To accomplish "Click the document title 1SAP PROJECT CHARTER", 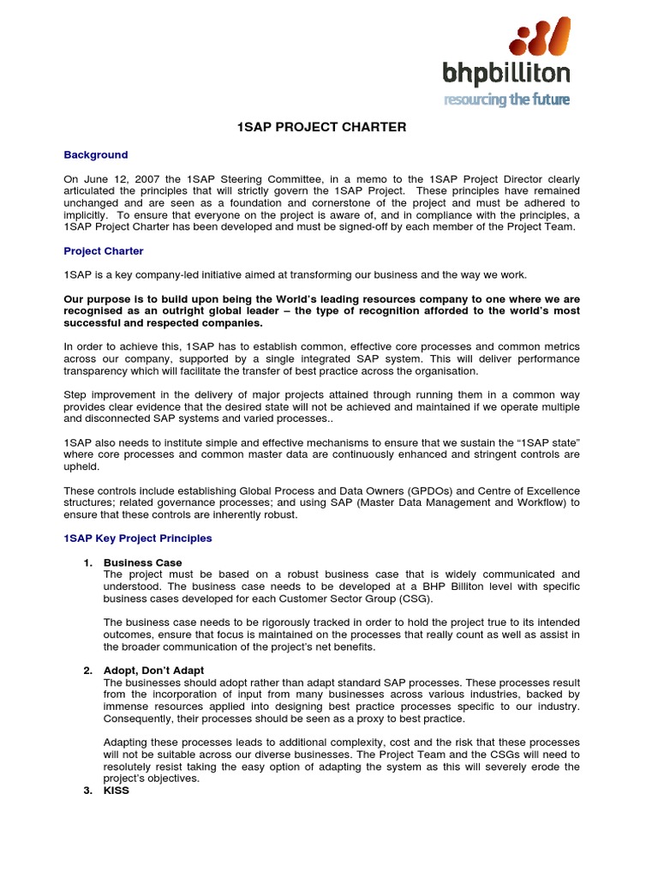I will [x=321, y=127].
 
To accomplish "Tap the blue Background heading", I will [x=96, y=155].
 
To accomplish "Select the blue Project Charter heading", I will [x=104, y=251].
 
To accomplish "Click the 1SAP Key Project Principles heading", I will [x=138, y=538].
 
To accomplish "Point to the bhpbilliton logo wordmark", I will [x=505, y=75].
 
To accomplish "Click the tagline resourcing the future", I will [x=505, y=99].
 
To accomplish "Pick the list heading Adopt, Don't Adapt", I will [x=153, y=670].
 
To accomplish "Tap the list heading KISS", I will [x=116, y=790].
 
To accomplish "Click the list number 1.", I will [x=87, y=562].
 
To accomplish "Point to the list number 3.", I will [x=87, y=790].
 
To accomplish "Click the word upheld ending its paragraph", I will [x=81, y=466].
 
